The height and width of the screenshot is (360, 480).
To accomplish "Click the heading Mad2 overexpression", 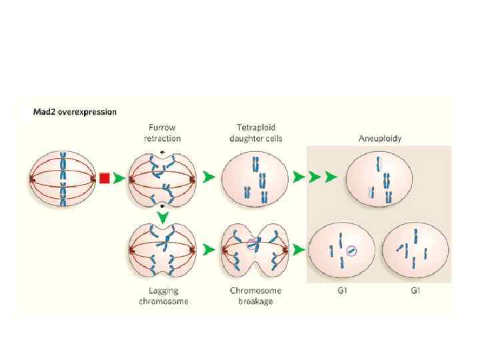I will pos(75,112).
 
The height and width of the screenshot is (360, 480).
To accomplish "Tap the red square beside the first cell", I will pos(104,178).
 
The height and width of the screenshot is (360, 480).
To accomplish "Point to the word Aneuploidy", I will pos(379,138).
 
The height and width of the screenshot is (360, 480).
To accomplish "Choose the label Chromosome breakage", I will pos(255,296).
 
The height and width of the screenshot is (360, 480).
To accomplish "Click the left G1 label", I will pos(341,291).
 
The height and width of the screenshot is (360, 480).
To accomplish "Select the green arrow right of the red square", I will pos(118,178).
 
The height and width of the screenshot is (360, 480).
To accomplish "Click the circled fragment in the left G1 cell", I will pos(352,251).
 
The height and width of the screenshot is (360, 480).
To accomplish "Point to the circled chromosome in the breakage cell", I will pos(252,244).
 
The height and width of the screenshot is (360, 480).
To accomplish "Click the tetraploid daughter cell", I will pos(255,178).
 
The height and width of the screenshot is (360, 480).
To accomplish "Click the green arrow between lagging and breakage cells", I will pos(209,249).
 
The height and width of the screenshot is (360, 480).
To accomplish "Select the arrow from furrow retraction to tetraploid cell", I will pos(209,178).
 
